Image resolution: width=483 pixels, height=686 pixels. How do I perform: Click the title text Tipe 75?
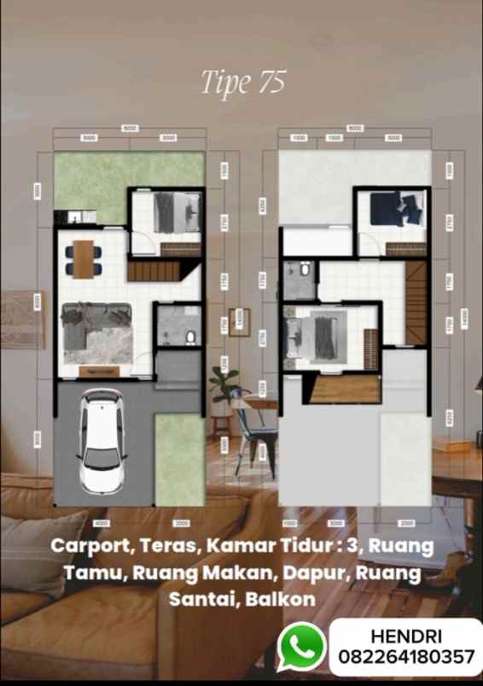tap(242, 82)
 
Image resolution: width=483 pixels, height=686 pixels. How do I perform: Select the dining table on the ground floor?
tap(83, 259)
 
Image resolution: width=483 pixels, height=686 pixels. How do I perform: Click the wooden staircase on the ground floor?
tap(154, 272)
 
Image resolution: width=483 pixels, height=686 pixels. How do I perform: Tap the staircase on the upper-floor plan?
tap(416, 302)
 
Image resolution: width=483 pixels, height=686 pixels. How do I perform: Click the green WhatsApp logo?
tap(301, 646)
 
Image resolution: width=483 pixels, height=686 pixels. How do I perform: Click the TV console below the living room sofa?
tap(99, 371)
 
